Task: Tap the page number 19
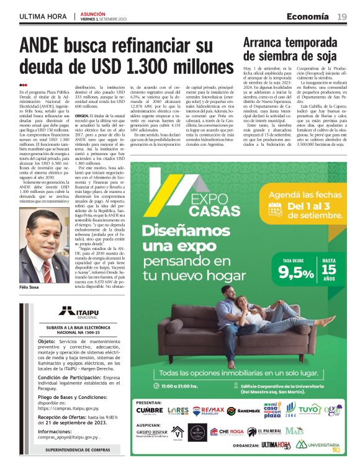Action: (x=342, y=17)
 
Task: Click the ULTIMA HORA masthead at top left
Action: (x=42, y=17)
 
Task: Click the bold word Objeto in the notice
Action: (x=47, y=341)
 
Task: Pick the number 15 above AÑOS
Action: (x=329, y=271)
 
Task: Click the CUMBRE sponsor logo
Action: (x=149, y=411)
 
